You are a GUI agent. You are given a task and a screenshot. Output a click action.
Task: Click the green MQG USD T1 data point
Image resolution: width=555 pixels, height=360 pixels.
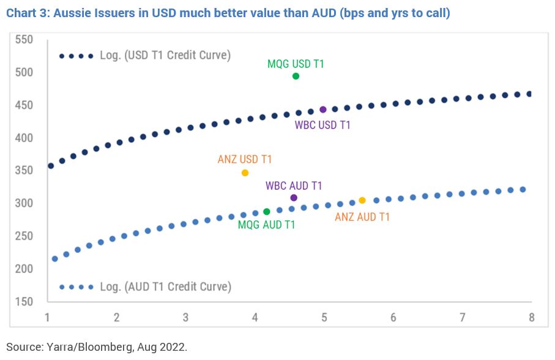[x=296, y=76]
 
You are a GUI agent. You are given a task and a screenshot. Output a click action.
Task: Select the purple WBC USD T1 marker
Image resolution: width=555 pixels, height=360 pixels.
[x=323, y=110]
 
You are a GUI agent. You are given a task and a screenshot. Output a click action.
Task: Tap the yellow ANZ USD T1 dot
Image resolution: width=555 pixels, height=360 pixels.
[x=245, y=173]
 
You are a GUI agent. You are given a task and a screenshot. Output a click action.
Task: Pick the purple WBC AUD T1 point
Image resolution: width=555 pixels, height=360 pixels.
[x=294, y=197]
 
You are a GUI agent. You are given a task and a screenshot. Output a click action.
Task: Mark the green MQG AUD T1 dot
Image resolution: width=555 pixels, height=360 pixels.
[x=267, y=212]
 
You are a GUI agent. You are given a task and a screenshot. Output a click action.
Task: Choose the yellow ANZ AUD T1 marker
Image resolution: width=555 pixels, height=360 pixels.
[x=362, y=200]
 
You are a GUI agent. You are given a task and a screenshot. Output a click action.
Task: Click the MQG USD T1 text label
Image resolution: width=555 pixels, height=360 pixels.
[x=296, y=63]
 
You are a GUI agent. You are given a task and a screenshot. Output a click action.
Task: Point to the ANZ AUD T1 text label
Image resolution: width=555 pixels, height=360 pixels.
[x=362, y=216]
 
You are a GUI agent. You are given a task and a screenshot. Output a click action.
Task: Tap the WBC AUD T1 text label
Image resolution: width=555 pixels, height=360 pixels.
[x=294, y=186]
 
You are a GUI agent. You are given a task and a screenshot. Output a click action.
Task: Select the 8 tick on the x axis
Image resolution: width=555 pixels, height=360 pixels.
[x=531, y=318]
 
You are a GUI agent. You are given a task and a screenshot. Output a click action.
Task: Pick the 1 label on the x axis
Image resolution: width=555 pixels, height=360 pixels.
[x=47, y=318]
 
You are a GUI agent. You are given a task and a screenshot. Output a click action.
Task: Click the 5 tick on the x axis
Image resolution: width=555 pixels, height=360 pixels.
[x=324, y=318]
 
